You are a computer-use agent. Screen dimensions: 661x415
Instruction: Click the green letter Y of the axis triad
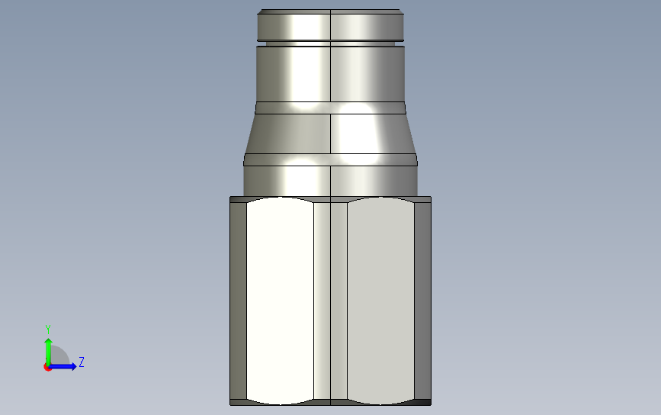pos(47,330)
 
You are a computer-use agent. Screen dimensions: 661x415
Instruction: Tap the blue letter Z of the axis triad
pos(82,362)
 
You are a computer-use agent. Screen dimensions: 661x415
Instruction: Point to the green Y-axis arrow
pos(48,352)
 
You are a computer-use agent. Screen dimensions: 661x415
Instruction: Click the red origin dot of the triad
pos(47,368)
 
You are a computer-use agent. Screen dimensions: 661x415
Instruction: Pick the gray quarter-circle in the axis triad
pos(59,355)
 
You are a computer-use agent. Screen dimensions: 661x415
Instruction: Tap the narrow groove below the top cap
pos(331,43)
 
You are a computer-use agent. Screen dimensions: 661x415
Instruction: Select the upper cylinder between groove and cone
pos(331,74)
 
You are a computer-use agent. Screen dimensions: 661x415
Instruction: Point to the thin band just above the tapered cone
pos(331,108)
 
